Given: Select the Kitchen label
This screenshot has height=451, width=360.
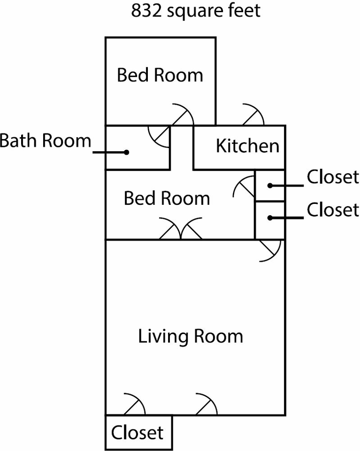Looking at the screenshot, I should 247,146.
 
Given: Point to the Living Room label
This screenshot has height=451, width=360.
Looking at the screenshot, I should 191,336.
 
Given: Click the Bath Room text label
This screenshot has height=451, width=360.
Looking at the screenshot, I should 45,140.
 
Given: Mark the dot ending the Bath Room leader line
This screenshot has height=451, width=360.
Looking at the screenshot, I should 126,152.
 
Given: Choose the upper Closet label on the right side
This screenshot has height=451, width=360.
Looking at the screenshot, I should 333,177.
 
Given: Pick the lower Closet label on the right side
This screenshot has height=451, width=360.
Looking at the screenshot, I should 333,210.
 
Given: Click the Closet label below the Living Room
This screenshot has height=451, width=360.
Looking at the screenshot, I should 137,432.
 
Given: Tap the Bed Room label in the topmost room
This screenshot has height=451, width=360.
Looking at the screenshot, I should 160,75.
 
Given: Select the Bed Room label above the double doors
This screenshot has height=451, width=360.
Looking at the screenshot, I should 167,198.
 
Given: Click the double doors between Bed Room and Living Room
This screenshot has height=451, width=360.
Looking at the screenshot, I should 181,230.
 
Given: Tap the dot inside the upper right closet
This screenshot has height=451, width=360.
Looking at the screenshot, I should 270,186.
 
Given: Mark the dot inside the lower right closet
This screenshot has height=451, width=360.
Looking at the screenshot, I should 270,218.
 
